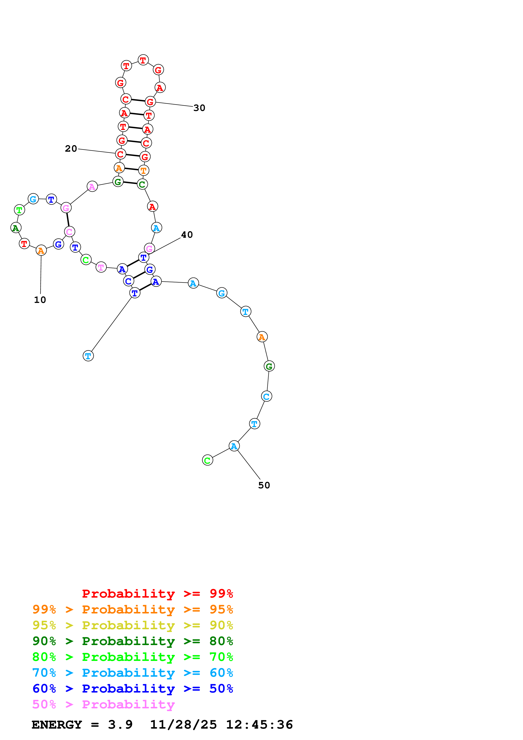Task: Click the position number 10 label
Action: click(x=40, y=300)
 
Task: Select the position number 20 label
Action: click(x=71, y=149)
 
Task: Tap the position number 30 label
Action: click(x=199, y=108)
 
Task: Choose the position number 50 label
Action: click(x=264, y=485)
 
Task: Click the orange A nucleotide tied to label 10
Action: click(x=41, y=250)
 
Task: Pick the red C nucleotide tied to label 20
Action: click(x=120, y=154)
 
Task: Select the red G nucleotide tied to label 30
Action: click(x=150, y=102)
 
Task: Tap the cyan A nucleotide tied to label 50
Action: click(x=234, y=446)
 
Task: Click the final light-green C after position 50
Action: click(x=208, y=460)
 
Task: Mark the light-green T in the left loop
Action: click(x=19, y=210)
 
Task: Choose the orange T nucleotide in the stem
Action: click(x=144, y=170)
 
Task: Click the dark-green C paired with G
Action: click(x=142, y=184)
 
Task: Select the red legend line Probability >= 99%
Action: click(x=157, y=593)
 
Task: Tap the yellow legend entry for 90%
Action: click(x=133, y=625)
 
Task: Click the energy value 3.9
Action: click(x=120, y=725)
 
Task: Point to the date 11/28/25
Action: click(x=183, y=725)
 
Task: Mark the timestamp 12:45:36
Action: click(x=259, y=725)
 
